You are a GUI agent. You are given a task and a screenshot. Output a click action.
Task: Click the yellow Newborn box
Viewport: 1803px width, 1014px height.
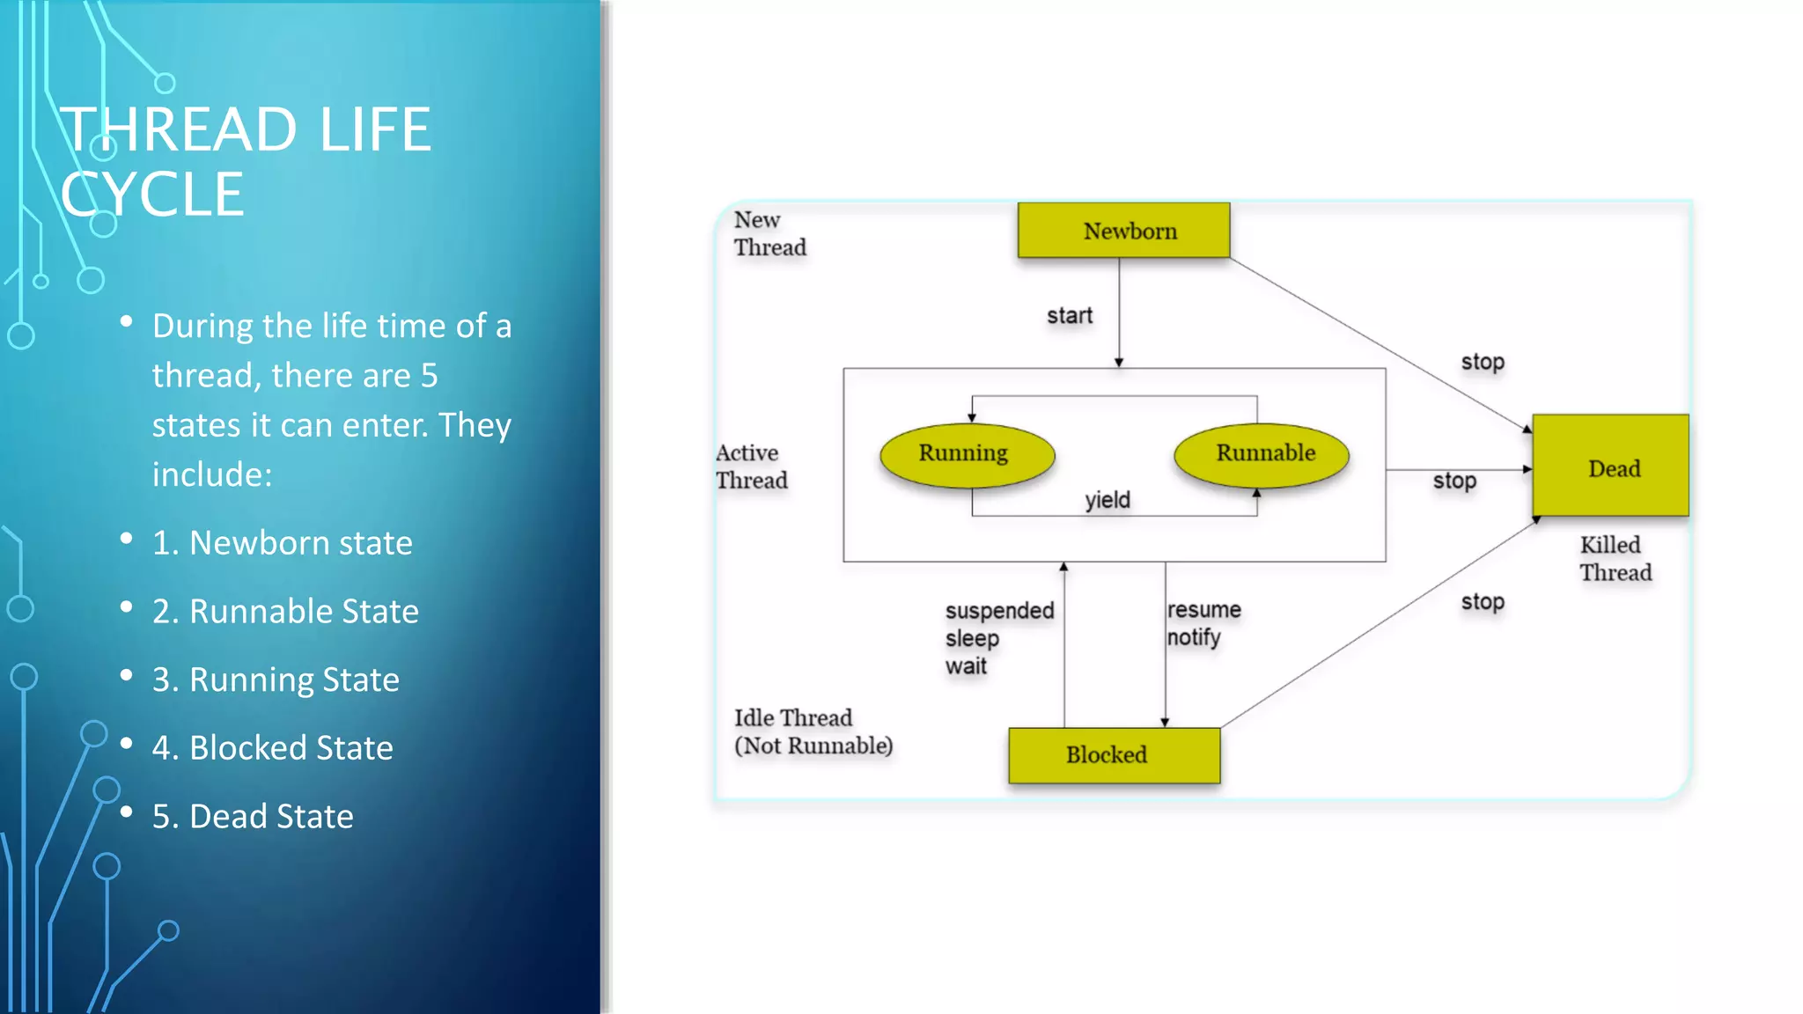click(x=1123, y=231)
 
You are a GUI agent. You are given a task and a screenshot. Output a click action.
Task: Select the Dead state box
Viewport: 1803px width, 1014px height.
click(x=1610, y=466)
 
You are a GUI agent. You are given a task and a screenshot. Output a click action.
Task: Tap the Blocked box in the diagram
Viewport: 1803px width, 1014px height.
click(x=1114, y=755)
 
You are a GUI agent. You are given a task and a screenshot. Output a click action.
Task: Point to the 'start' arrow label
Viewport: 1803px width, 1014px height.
click(x=1069, y=316)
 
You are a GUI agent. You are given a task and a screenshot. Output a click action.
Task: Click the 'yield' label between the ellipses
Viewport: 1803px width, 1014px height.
click(x=1107, y=500)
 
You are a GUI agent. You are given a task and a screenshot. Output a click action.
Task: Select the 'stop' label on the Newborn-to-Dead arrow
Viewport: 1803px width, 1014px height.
click(x=1483, y=362)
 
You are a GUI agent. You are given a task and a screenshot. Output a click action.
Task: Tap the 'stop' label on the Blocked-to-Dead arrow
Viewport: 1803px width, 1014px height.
click(x=1483, y=602)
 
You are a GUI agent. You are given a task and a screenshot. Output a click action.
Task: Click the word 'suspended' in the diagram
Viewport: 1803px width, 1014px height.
click(x=999, y=611)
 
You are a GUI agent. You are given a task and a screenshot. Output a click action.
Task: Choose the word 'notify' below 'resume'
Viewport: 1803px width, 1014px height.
click(x=1194, y=637)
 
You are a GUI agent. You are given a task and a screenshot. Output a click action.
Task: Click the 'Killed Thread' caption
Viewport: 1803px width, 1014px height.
click(x=1615, y=559)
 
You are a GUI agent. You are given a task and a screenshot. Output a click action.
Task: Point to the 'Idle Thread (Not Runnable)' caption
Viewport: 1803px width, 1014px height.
click(x=813, y=732)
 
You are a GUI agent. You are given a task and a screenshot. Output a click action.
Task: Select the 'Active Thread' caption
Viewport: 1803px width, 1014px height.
click(x=751, y=467)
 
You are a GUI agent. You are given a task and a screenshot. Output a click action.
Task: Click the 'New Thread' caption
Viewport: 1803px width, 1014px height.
click(x=769, y=234)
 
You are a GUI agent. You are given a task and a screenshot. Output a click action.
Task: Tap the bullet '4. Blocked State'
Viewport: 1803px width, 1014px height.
click(x=272, y=748)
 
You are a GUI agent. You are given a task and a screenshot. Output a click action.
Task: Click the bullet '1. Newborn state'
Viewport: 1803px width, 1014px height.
click(x=282, y=543)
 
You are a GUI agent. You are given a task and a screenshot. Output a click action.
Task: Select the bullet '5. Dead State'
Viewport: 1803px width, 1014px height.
click(x=253, y=817)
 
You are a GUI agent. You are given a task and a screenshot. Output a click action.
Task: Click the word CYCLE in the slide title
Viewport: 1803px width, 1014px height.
click(x=152, y=195)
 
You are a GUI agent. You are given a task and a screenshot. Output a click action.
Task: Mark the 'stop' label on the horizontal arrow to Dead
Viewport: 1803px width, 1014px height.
click(x=1454, y=481)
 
